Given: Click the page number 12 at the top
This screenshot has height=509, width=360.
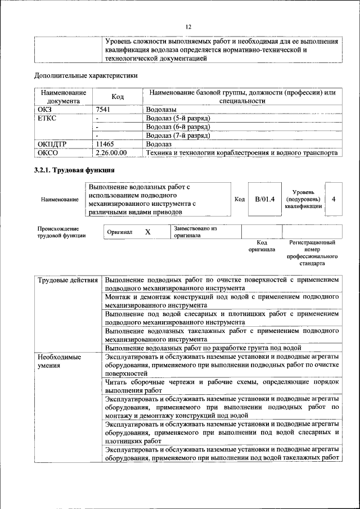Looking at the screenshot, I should (189, 26).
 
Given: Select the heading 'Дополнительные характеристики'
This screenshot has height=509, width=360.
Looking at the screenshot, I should (86, 75).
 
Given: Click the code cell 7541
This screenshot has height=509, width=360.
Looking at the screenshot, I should (102, 110).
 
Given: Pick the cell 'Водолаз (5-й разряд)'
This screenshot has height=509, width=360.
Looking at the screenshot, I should (177, 119).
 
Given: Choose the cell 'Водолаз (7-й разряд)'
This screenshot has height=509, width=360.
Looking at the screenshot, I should (177, 136).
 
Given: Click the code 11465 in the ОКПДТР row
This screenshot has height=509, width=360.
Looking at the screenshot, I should (105, 144).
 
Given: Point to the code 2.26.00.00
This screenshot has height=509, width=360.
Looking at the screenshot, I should (111, 152).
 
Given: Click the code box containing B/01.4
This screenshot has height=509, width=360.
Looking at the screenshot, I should (264, 199).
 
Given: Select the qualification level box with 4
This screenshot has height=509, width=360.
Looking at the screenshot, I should (334, 199).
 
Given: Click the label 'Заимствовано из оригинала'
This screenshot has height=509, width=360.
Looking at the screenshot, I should (195, 232).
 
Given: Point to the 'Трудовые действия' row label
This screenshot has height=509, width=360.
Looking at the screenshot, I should (67, 280).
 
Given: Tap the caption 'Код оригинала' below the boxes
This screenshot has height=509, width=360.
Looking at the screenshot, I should (262, 246).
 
